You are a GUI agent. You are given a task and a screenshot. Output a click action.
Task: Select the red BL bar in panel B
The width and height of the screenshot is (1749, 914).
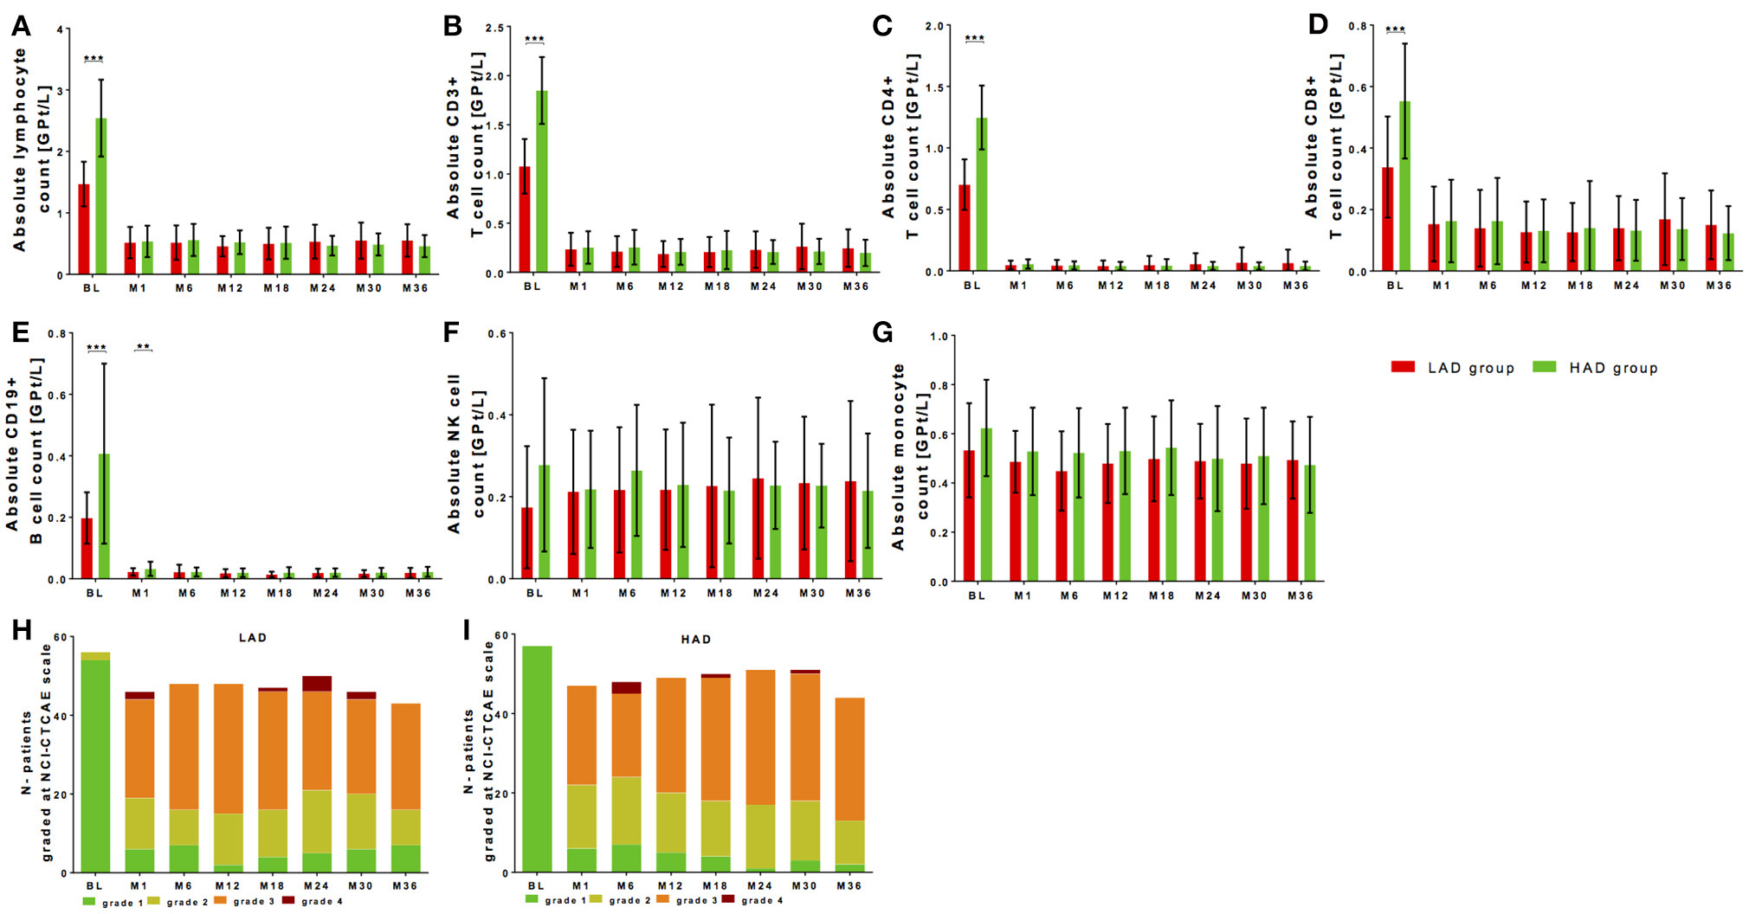coord(525,220)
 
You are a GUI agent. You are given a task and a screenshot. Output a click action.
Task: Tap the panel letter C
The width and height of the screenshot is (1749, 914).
coord(882,26)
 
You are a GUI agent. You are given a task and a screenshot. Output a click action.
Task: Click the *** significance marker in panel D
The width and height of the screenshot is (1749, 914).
coord(1395,30)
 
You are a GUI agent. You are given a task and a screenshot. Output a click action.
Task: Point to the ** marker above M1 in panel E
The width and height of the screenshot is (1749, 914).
coord(143,348)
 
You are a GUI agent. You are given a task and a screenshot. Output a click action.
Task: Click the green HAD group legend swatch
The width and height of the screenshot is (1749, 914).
coord(1544,367)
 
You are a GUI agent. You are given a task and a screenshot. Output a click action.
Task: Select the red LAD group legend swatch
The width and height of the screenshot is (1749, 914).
coord(1403,367)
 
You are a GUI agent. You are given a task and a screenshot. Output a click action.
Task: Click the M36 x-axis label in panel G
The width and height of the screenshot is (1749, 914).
coord(1300,595)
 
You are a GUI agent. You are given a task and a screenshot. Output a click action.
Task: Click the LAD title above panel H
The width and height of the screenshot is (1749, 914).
coord(253,638)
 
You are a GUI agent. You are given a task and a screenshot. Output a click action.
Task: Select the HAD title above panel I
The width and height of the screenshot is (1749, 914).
coord(695,640)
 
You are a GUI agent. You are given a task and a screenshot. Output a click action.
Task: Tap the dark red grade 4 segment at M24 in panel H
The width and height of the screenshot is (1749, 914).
coord(317,684)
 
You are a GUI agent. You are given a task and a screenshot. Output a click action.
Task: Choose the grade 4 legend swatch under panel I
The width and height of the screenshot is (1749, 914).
coord(728,899)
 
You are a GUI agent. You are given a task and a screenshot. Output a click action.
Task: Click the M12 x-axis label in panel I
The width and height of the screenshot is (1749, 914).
coord(669,885)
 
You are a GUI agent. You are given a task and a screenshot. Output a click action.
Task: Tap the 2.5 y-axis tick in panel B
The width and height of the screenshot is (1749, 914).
coord(494,28)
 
